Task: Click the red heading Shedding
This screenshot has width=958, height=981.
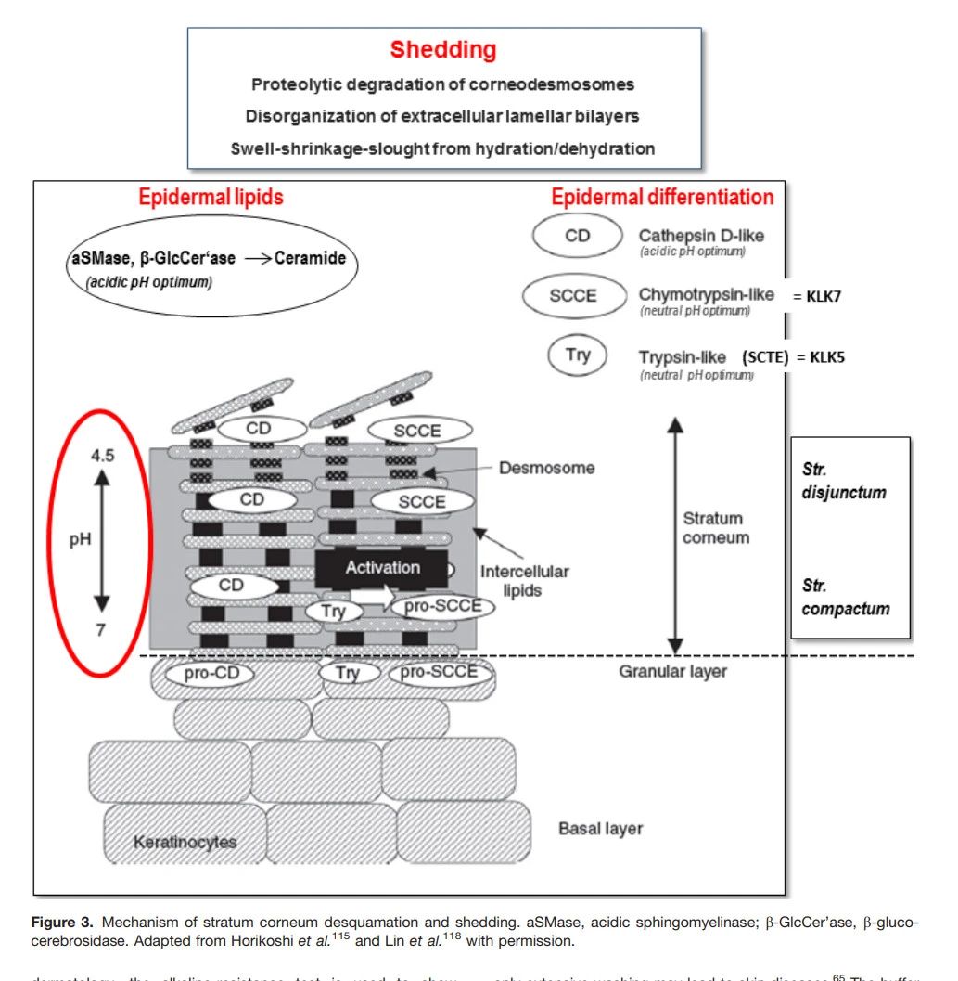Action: [x=442, y=50]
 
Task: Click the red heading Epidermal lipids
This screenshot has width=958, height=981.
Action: [x=211, y=197]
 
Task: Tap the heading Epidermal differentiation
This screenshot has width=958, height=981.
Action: [x=662, y=197]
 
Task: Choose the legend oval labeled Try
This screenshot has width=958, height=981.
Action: [x=578, y=355]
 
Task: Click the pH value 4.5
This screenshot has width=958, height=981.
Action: [x=102, y=458]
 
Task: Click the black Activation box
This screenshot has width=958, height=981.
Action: [x=382, y=568]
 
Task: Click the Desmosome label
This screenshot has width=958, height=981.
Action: [x=546, y=468]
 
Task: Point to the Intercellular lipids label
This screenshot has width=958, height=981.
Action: [x=524, y=580]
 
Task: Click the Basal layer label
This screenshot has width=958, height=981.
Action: [x=600, y=828]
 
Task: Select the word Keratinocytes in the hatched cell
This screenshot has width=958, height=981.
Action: [x=185, y=843]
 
